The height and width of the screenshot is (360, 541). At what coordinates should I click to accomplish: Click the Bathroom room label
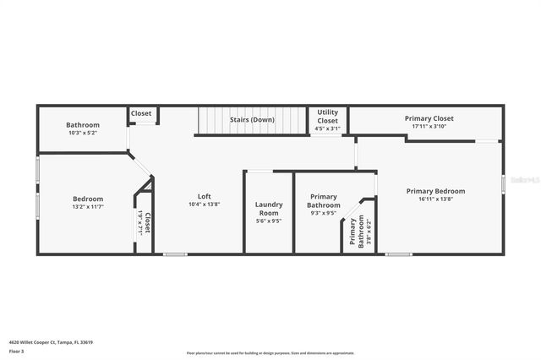click(x=83, y=125)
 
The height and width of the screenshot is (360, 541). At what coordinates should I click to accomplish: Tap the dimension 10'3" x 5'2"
click(x=83, y=133)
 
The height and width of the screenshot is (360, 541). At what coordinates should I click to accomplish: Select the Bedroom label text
click(x=87, y=199)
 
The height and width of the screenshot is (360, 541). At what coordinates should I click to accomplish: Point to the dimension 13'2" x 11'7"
click(x=87, y=206)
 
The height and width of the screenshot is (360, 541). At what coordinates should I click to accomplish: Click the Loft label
click(x=204, y=196)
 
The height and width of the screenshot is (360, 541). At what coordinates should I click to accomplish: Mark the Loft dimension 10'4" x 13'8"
click(x=204, y=204)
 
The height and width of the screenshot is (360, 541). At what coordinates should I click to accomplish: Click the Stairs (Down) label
click(x=252, y=120)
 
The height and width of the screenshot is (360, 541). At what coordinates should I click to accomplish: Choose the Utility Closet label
click(x=328, y=117)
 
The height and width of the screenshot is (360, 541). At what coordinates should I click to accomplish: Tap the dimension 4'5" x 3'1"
click(x=328, y=129)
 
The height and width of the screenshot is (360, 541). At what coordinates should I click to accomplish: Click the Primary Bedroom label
click(x=435, y=191)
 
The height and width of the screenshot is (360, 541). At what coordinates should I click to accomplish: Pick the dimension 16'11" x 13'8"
click(x=435, y=199)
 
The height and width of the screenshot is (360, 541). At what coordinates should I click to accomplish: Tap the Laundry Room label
click(x=269, y=209)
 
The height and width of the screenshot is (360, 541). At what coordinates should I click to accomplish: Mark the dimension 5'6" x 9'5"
click(x=269, y=221)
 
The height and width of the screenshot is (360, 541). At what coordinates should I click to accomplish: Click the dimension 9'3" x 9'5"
click(x=324, y=213)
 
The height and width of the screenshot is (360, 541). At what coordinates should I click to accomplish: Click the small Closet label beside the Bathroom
click(x=141, y=113)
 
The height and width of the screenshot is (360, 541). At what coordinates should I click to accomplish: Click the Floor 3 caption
click(x=16, y=350)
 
